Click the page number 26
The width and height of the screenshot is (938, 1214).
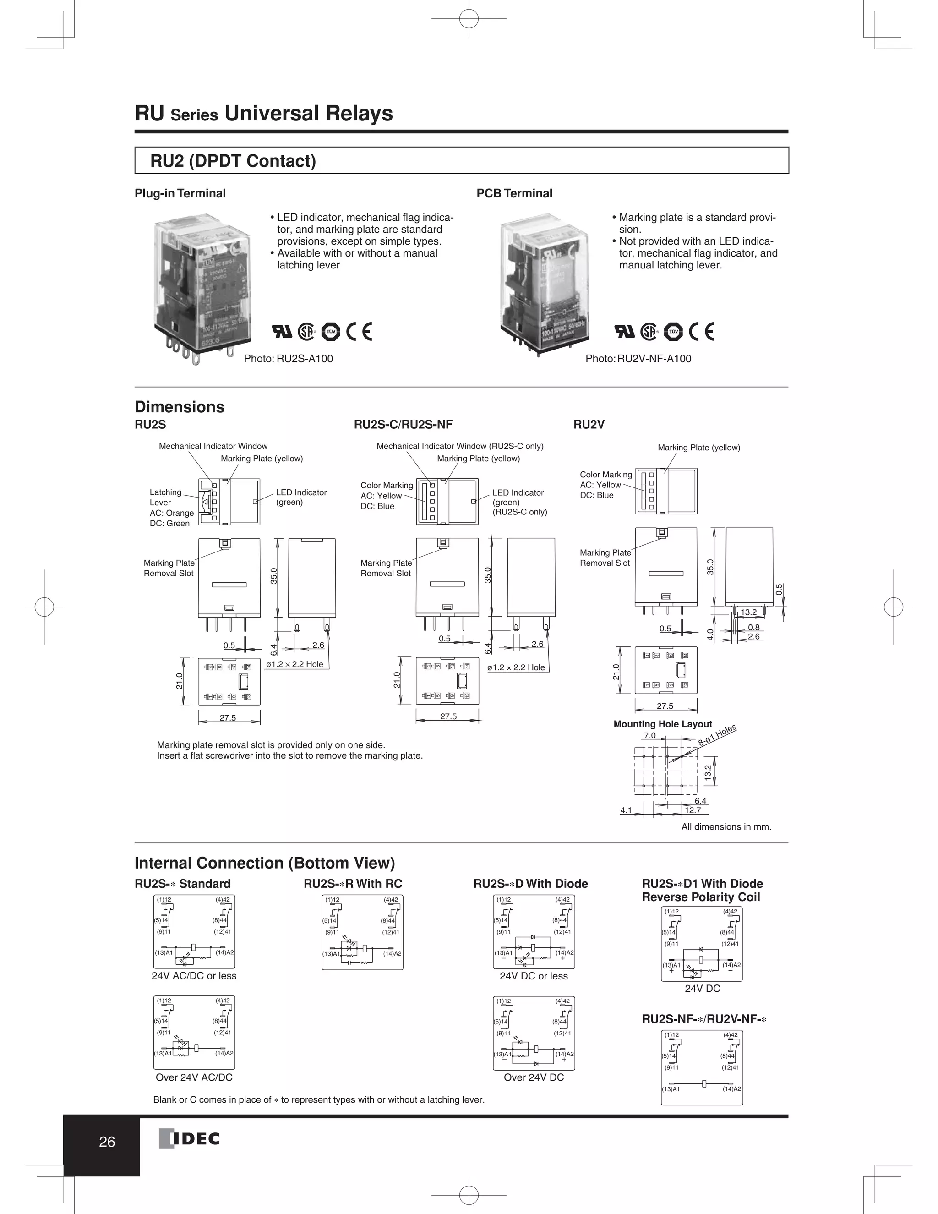(107, 1142)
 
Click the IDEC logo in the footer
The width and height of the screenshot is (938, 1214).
(190, 1139)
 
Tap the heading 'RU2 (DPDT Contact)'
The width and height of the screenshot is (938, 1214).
(233, 161)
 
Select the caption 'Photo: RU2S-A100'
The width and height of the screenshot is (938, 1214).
(289, 359)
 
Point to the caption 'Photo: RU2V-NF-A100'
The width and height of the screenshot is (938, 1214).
(638, 359)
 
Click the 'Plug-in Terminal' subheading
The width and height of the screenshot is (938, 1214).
(180, 193)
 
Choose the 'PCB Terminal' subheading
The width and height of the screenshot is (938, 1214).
(514, 193)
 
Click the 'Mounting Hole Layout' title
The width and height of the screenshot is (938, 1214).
(662, 724)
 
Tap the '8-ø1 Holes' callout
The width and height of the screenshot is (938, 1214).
(717, 735)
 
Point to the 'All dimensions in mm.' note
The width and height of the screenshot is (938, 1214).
(726, 826)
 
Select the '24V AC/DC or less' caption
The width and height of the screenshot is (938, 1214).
(194, 975)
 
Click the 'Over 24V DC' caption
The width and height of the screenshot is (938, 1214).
(534, 1077)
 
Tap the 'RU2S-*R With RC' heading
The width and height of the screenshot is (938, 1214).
(353, 884)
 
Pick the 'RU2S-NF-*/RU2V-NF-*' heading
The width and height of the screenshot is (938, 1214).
(704, 1019)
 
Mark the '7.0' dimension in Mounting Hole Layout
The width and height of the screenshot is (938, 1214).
(649, 735)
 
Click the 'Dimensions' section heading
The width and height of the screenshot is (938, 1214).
(180, 407)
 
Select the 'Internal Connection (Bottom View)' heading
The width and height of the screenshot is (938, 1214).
(265, 863)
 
